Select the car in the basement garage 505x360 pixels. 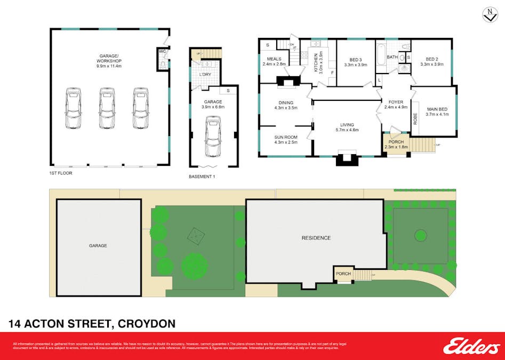[x=213, y=137]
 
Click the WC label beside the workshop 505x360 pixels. [x=162, y=52]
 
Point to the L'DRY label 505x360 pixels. [x=206, y=74]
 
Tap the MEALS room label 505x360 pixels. [x=274, y=59]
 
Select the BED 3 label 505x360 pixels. [x=356, y=59]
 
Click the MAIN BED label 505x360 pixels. [x=436, y=109]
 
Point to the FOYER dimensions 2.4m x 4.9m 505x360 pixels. [x=396, y=107]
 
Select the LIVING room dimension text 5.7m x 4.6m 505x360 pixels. [x=347, y=130]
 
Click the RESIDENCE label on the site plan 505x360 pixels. [x=316, y=238]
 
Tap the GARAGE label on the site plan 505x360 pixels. [x=98, y=246]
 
